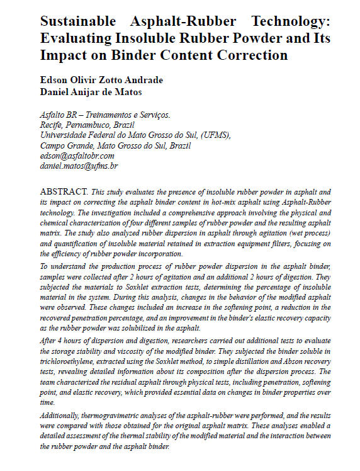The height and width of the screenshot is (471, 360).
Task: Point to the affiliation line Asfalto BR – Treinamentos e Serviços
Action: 104,115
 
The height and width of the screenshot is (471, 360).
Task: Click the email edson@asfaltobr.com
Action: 77,156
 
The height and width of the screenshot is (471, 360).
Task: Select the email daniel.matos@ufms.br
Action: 79,166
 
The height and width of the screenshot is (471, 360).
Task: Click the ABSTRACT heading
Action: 64,190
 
